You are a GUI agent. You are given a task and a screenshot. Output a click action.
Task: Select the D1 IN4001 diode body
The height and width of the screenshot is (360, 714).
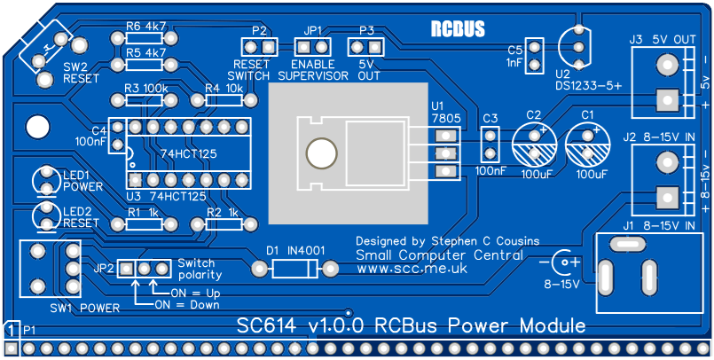(x=294, y=268)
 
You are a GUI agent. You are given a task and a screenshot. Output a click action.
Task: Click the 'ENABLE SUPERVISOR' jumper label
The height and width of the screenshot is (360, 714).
(x=313, y=70)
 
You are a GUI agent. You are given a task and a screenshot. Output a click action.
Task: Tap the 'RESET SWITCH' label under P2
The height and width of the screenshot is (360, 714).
(x=250, y=70)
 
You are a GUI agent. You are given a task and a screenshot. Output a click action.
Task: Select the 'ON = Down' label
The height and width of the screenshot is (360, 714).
(x=186, y=304)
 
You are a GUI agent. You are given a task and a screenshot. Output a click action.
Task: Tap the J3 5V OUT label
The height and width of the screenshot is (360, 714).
(x=662, y=39)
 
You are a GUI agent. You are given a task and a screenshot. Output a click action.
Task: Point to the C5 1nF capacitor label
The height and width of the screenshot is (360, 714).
(x=514, y=56)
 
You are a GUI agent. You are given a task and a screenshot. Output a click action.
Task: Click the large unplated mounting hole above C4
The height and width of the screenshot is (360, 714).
(x=36, y=126)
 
